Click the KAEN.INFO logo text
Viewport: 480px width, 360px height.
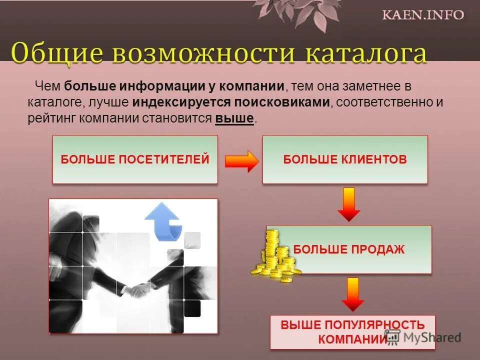423,14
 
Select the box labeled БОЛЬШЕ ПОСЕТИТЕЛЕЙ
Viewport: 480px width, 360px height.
135,159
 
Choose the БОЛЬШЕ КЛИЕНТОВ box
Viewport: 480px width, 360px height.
345,159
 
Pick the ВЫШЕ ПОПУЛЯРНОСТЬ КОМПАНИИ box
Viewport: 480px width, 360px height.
352,332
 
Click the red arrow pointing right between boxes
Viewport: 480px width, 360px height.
242,161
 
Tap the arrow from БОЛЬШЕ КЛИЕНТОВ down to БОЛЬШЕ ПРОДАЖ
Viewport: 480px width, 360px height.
348,203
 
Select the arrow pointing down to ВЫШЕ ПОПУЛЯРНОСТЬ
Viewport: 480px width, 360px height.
353,294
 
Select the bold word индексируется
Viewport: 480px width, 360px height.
180,102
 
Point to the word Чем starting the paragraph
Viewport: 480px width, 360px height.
46,86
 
